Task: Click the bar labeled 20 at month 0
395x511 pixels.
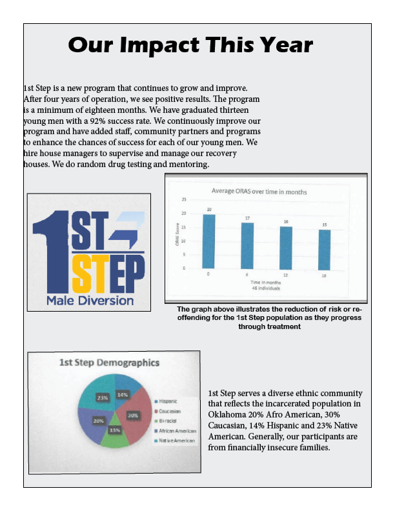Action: click(209, 241)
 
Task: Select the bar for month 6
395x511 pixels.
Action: click(247, 245)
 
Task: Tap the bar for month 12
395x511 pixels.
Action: click(286, 247)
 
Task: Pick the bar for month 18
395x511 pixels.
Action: click(324, 248)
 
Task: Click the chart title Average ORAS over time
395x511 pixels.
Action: click(259, 192)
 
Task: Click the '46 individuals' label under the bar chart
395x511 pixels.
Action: click(265, 288)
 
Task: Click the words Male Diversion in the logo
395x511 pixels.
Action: click(90, 300)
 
